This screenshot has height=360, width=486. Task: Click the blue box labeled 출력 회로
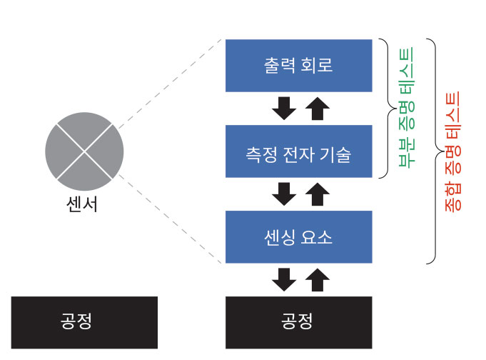(298, 66)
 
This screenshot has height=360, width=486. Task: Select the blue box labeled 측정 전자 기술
(298, 151)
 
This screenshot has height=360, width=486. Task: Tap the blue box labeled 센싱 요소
(298, 237)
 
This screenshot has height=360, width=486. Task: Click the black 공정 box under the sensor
(84, 322)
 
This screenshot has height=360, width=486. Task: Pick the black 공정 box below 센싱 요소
(298, 322)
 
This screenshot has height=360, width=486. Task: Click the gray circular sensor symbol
(84, 151)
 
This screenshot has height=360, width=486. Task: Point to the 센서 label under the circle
(82, 204)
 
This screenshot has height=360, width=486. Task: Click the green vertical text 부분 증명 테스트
(406, 107)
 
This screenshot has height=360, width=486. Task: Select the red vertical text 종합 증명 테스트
(453, 151)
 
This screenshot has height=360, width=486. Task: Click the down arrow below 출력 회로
(284, 109)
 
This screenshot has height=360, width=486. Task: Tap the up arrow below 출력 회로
(318, 109)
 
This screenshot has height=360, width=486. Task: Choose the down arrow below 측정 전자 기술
(284, 194)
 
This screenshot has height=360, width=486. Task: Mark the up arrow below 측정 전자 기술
(318, 194)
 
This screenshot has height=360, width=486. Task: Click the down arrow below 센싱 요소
(284, 279)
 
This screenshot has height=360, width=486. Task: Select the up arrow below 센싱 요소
(318, 279)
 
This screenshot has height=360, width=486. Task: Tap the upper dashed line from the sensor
(170, 84)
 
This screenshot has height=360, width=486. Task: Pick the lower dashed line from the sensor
(170, 219)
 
